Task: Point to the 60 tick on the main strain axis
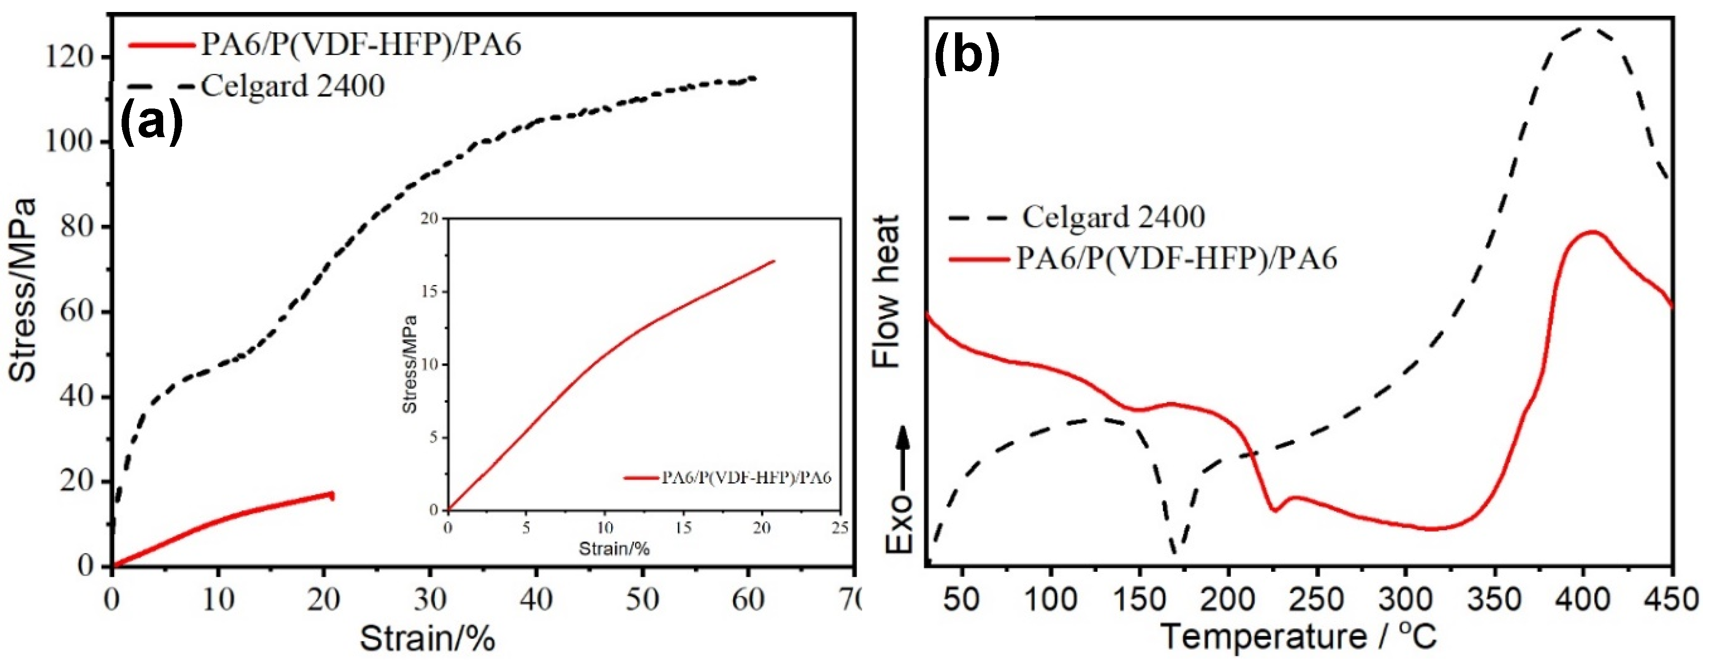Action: pyautogui.click(x=748, y=600)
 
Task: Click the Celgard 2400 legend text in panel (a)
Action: pyautogui.click(x=293, y=86)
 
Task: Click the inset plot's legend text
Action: pyautogui.click(x=746, y=478)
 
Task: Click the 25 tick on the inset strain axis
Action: pyautogui.click(x=840, y=528)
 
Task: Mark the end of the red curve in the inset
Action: pyautogui.click(x=773, y=261)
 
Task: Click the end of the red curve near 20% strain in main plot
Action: pyautogui.click(x=332, y=495)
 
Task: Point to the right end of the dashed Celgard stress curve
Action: pyautogui.click(x=754, y=78)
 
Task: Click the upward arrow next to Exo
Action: pyautogui.click(x=903, y=458)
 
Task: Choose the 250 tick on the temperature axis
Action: pyautogui.click(x=1317, y=600)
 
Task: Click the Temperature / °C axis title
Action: pyautogui.click(x=1298, y=636)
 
